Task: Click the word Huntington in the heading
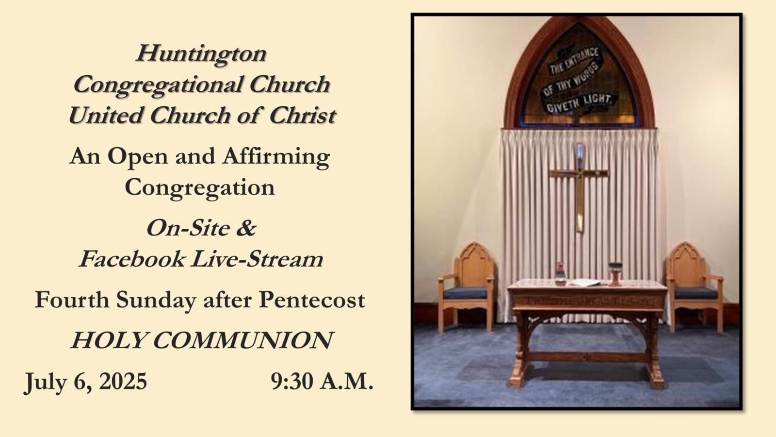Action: click(201, 54)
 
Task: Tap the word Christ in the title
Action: click(303, 115)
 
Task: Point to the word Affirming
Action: click(276, 157)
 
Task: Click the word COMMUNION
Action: click(242, 340)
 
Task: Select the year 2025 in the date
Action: click(123, 381)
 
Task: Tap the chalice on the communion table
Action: click(615, 274)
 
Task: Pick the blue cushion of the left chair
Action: click(465, 293)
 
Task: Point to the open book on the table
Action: click(585, 283)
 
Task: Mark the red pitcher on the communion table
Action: click(561, 274)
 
